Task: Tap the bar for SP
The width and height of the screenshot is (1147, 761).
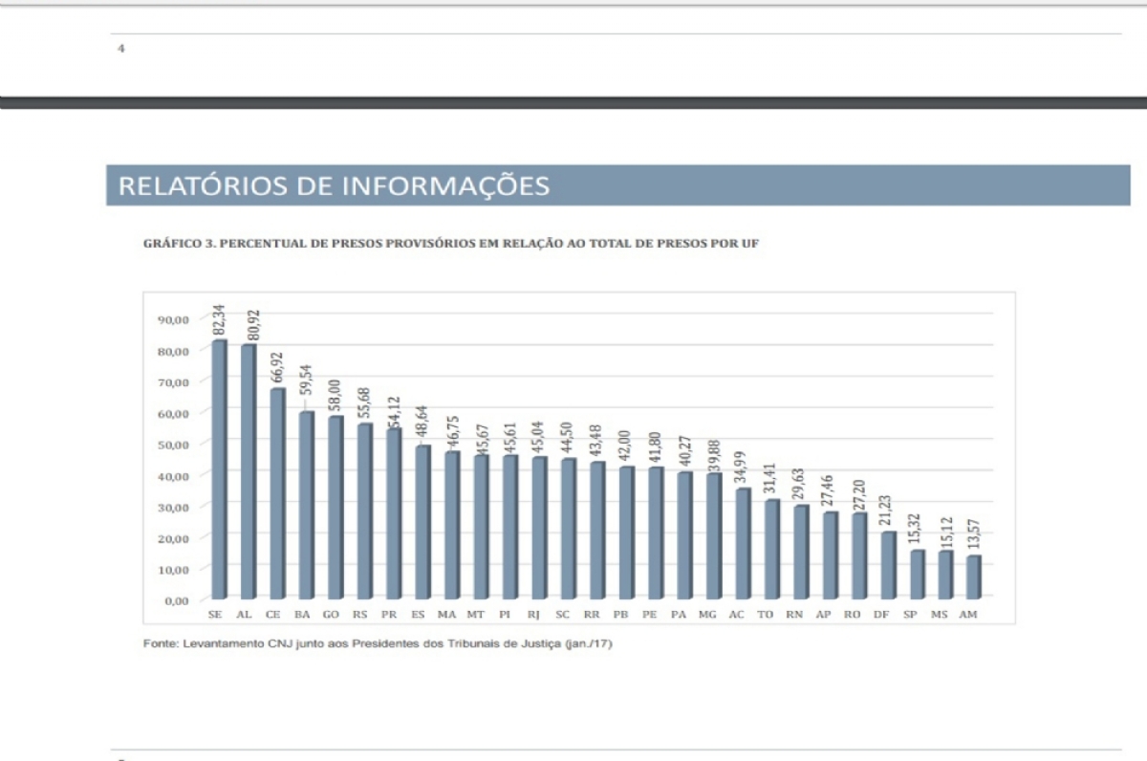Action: coord(916,574)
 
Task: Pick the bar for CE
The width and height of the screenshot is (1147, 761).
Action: coord(277,493)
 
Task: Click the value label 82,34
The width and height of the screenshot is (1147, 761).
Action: coord(218,321)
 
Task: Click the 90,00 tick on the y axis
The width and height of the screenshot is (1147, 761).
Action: coord(173,319)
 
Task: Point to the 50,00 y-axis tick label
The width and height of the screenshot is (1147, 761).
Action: coord(173,445)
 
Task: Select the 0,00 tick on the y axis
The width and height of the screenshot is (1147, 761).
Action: coord(176,600)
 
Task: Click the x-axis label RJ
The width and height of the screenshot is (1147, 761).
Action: coord(533,615)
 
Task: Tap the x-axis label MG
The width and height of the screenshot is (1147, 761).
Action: coord(707,615)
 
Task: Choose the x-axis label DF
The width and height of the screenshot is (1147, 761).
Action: coord(881,615)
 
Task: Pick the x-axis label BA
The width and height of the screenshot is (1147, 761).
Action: coord(302,615)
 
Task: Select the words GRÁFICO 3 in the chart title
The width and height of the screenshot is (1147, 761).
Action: coord(179,244)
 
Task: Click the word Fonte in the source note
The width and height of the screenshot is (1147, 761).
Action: coord(159,643)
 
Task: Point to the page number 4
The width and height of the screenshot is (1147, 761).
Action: coord(120,48)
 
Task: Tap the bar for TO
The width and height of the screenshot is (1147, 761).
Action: coord(770,549)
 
